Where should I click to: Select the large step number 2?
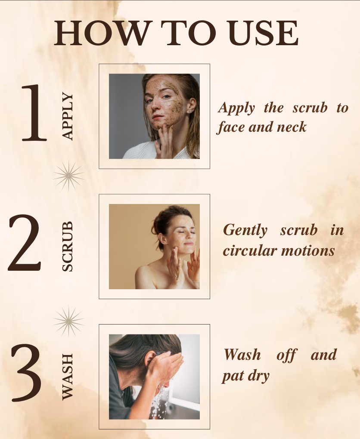25,243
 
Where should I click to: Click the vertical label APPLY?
68,116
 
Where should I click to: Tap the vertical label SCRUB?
68,246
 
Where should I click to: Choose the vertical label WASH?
68,377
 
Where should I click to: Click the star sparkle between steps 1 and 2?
68,176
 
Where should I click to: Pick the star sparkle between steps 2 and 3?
68,321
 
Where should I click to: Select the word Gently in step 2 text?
245,230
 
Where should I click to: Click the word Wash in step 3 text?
242,355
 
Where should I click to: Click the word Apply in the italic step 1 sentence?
236,108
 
